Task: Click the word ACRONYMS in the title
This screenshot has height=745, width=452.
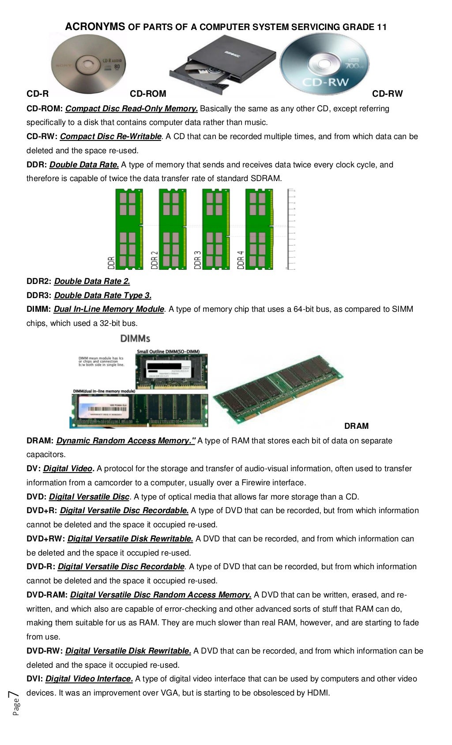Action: [95, 27]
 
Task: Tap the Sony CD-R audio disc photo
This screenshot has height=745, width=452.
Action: [89, 64]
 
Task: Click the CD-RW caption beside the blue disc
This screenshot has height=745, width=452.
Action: [387, 94]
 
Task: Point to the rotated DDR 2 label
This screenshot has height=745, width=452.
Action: [154, 260]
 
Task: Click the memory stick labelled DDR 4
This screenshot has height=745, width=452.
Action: [260, 229]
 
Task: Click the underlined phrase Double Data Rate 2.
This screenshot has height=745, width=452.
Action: [92, 281]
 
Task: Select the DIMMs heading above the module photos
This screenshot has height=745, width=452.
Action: [135, 338]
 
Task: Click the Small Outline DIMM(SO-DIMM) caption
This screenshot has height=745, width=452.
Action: [168, 352]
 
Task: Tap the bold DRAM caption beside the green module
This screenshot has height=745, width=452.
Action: [356, 426]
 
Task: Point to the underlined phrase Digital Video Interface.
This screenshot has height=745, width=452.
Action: [89, 679]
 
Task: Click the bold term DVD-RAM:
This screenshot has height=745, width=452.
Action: [47, 595]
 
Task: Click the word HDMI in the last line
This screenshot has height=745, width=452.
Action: [319, 693]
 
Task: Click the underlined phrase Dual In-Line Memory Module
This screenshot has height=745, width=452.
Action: [109, 309]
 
